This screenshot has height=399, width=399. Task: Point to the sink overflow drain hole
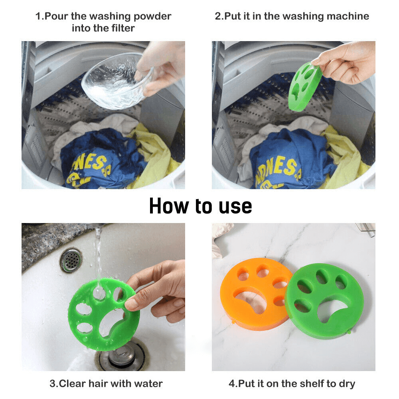71,260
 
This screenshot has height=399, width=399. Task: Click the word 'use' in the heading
233,207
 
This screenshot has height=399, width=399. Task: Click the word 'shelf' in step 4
314,384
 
